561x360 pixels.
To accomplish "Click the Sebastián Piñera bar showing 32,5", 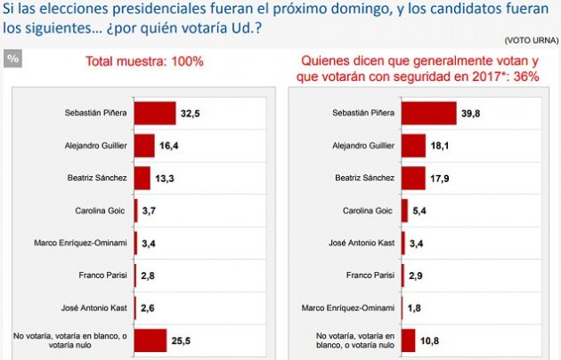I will [154, 113].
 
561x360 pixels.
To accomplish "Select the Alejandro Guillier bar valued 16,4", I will [144, 145].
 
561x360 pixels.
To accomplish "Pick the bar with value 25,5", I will [150, 340].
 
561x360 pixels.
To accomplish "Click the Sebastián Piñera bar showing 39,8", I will [428, 113].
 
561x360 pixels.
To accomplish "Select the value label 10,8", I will [429, 340].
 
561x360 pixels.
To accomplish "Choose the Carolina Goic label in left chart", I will [102, 210].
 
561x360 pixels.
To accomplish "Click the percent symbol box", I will [12, 59].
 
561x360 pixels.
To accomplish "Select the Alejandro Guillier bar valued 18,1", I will [413, 145].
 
